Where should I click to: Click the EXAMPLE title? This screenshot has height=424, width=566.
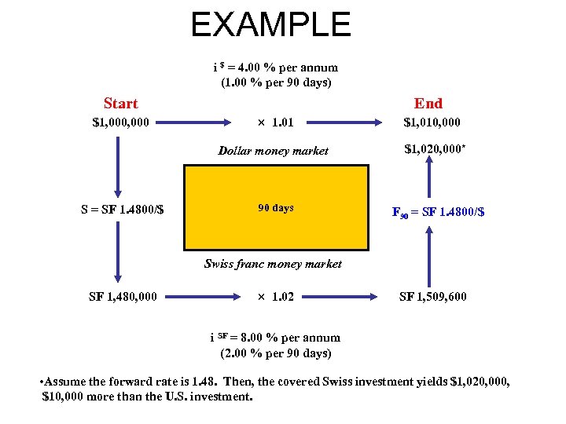tap(270, 25)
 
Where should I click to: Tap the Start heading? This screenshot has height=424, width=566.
tap(120, 104)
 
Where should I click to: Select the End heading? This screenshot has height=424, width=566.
tap(428, 104)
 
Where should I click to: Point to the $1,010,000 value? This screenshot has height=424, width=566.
tap(432, 122)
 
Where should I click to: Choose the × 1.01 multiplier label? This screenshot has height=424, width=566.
tap(276, 122)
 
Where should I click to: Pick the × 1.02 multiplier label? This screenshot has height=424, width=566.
tap(276, 296)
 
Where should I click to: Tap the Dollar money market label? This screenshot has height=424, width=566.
tap(273, 150)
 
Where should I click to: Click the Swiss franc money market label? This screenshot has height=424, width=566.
tap(273, 264)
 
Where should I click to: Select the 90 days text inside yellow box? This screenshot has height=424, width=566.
tap(276, 208)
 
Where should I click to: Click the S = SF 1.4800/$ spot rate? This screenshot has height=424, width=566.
tap(122, 210)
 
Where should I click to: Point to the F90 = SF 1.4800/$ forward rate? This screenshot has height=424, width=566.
tap(439, 211)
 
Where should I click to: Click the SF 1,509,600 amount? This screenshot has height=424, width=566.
tap(433, 296)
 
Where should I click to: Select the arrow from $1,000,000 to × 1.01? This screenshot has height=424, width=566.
tap(198, 122)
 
